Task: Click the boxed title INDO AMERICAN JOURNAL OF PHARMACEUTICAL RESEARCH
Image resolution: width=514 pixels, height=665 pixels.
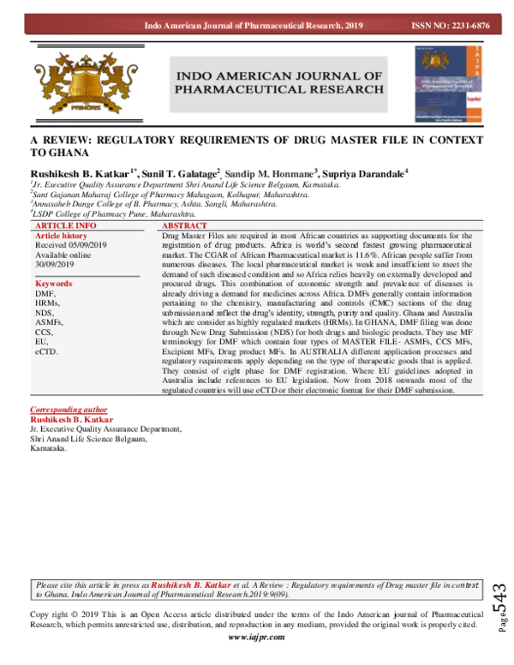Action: pyautogui.click(x=278, y=83)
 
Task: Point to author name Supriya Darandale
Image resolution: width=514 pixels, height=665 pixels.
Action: pyautogui.click(x=363, y=172)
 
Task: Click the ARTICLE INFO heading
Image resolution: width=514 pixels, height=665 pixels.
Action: pyautogui.click(x=66, y=225)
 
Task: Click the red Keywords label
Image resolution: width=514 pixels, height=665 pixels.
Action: pyautogui.click(x=54, y=283)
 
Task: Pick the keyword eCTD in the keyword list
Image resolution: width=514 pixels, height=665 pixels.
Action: pyautogui.click(x=46, y=351)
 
